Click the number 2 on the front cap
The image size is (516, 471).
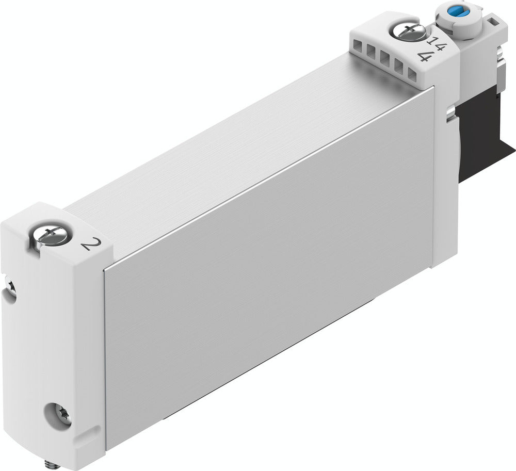(x=89, y=242)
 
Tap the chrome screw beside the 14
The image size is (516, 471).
(x=407, y=30)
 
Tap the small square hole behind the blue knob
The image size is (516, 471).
(x=494, y=22)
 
